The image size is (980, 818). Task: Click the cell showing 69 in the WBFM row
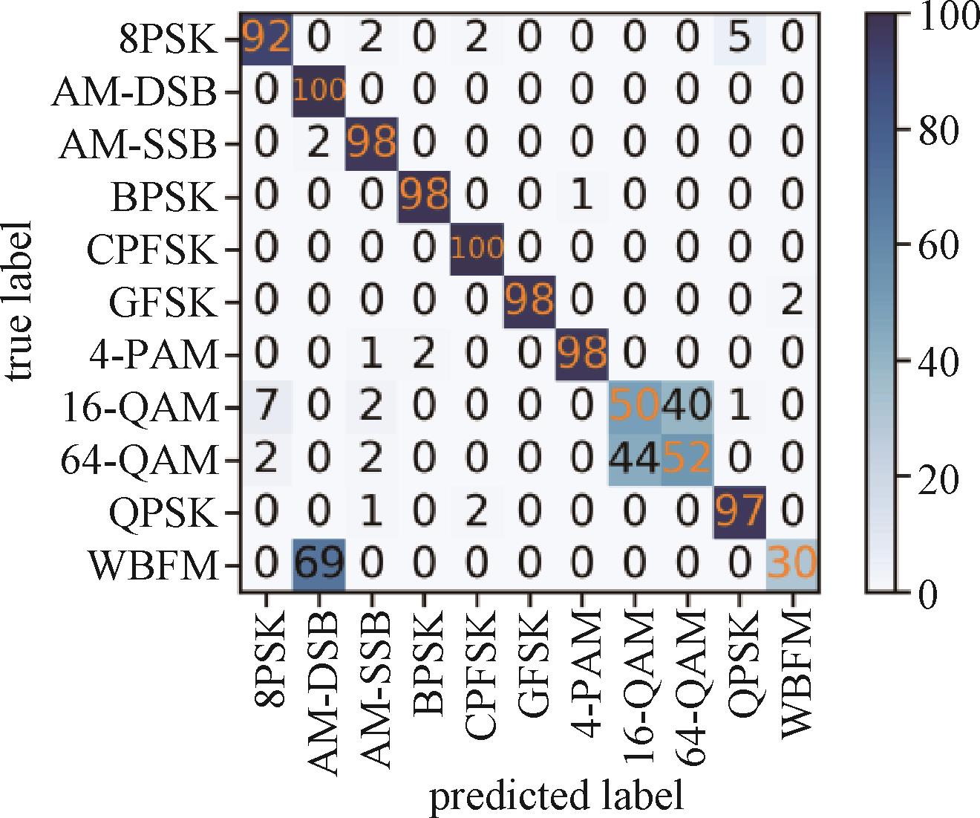coord(318,565)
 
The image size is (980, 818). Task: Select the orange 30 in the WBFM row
coord(793,565)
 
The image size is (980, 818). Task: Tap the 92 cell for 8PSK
coord(266,39)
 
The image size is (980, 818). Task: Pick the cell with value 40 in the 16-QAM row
coord(687,407)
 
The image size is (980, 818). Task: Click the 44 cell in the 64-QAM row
coord(635,459)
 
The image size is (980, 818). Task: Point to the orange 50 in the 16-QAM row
coord(635,407)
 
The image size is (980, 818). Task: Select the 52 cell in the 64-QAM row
coord(687,459)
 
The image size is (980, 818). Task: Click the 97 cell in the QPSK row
coord(740,512)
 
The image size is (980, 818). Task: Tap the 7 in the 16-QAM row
coord(266,407)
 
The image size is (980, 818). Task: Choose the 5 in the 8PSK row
coord(740,39)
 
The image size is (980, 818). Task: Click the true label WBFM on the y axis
coord(154,565)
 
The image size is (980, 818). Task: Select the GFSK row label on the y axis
coord(164,302)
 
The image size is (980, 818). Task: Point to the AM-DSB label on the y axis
coord(134,92)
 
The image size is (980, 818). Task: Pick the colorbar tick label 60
coord(938,245)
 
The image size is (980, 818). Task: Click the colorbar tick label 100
coord(949,16)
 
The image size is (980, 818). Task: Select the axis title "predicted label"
coord(556,795)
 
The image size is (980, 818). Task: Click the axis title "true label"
coord(20,301)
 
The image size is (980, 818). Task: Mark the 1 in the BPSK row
coord(583,196)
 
